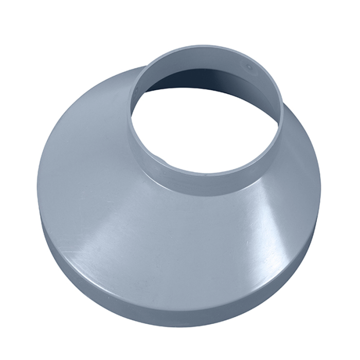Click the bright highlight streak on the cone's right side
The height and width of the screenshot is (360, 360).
tap(267, 206)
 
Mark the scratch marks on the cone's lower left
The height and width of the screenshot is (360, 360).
tap(77, 252)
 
